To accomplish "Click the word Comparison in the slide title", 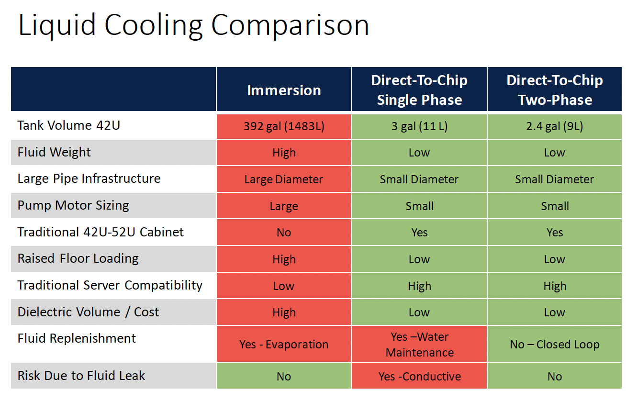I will coord(290,25).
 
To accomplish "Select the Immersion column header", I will coord(284,90).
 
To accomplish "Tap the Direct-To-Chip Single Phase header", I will coord(419,90).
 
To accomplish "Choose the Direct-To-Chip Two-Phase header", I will coord(555,90).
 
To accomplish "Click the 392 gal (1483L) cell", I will coord(284,127).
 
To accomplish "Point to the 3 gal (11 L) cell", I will coord(419,127).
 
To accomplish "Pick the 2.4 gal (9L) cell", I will coord(555,127).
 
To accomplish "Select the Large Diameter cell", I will coord(284,179).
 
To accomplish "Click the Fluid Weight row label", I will coord(54,152).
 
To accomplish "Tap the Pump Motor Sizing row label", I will coord(73,206).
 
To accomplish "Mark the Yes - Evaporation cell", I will coord(284,345).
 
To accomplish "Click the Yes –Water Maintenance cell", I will coord(419,345).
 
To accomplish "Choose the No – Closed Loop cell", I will coord(555,345).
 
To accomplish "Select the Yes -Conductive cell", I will coord(419,377).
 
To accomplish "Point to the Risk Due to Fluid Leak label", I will coord(81,376).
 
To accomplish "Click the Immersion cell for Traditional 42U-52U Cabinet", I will coord(284,233).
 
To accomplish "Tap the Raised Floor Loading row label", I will coord(78,259).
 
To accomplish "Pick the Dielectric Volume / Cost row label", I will coord(88,312).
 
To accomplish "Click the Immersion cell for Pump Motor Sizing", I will coord(284,206).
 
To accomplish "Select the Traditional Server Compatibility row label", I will coord(110,285).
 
